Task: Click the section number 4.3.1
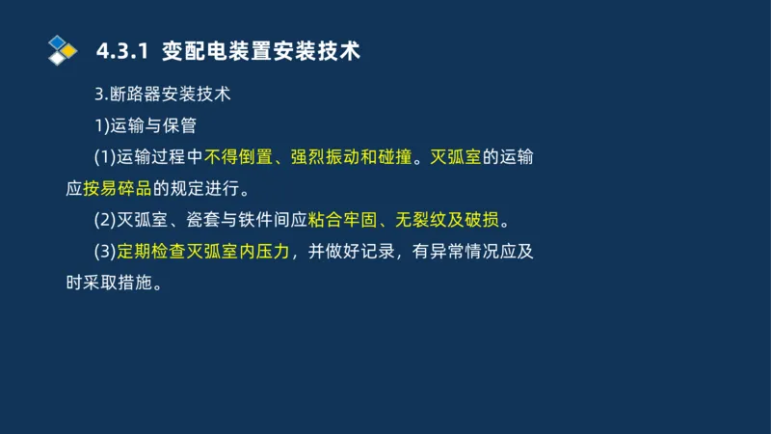tap(122, 51)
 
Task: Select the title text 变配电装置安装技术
tap(261, 51)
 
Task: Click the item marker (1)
tap(104, 157)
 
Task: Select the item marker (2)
tap(104, 220)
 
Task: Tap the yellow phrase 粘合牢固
tap(339, 220)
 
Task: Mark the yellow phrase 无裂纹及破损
tap(445, 220)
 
